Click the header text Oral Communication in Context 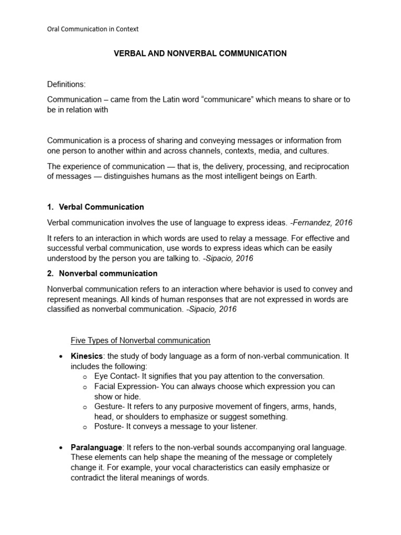[x=93, y=29]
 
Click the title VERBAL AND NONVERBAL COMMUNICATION [x=200, y=54]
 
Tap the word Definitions [x=66, y=84]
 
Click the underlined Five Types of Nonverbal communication [x=140, y=341]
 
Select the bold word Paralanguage [x=97, y=448]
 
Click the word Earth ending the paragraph [x=305, y=177]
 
